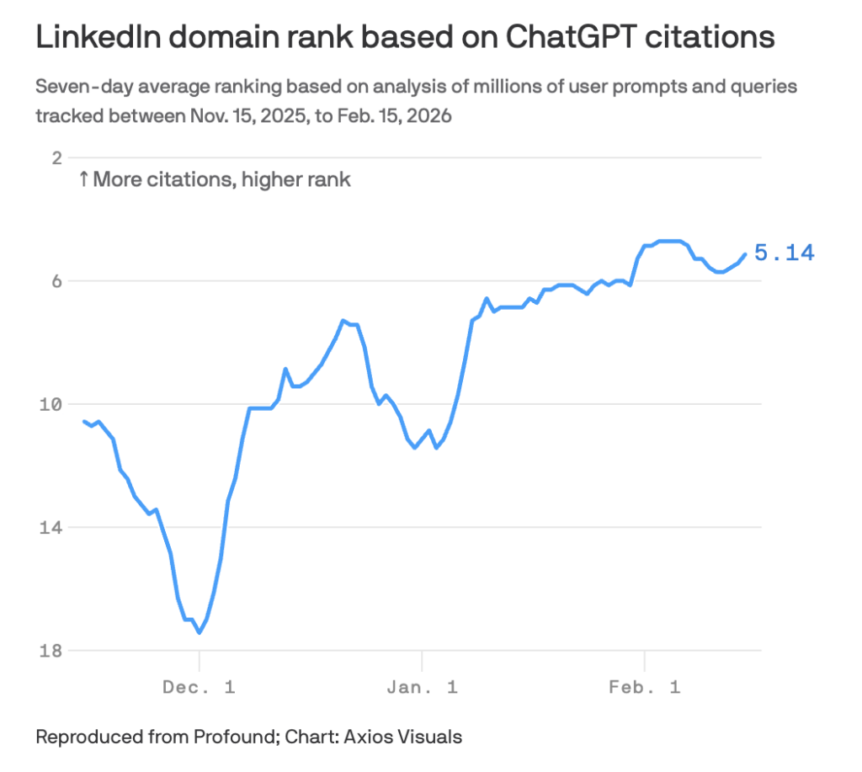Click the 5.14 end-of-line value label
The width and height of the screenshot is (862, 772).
click(x=784, y=253)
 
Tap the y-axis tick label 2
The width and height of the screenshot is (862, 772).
click(x=57, y=158)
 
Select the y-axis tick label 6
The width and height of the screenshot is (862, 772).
click(x=57, y=281)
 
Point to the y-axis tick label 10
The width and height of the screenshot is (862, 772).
click(x=53, y=405)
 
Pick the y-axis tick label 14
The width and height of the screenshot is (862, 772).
click(x=53, y=528)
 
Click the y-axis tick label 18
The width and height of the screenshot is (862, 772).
click(x=53, y=651)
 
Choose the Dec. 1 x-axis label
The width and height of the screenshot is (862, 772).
click(x=199, y=687)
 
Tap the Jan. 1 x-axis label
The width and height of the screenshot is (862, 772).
click(x=422, y=687)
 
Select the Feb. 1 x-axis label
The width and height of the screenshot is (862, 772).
click(x=644, y=687)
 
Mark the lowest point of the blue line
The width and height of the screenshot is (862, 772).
click(x=199, y=632)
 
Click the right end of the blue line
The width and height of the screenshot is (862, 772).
click(x=744, y=254)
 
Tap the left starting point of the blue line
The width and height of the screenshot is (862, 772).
click(x=84, y=421)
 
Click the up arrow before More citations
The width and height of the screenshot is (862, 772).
click(x=83, y=179)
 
